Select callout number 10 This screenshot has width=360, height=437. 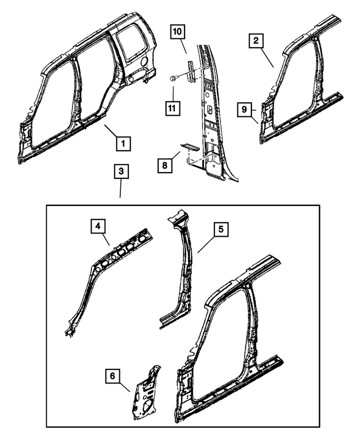pos(177,33)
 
